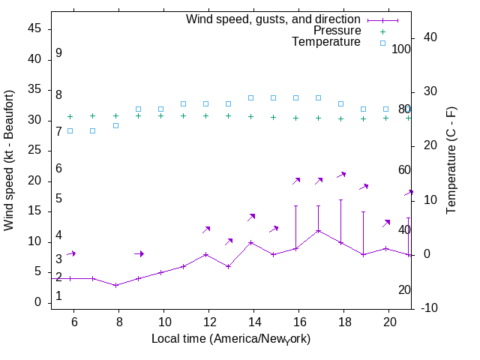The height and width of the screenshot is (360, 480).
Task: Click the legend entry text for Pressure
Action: [337, 31]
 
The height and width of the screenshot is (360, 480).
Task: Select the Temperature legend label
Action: [326, 43]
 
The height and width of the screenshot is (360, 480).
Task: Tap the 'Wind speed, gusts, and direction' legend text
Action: [274, 19]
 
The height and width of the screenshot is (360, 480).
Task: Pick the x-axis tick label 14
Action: [253, 322]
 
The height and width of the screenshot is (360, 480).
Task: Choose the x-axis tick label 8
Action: [118, 322]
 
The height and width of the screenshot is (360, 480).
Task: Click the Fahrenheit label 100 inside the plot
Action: [401, 49]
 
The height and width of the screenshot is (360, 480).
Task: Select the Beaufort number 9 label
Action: [58, 54]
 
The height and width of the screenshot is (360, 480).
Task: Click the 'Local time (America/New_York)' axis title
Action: [231, 339]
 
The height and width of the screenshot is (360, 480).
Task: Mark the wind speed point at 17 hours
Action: [318, 230]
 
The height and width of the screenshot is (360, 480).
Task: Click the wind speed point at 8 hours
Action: [115, 285]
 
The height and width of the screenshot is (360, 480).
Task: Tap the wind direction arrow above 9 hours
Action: [139, 253]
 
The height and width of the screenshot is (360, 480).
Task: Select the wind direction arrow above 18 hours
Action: [341, 175]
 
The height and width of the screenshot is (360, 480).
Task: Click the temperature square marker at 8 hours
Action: [115, 125]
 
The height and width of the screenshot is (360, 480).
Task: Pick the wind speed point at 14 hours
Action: [250, 242]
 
